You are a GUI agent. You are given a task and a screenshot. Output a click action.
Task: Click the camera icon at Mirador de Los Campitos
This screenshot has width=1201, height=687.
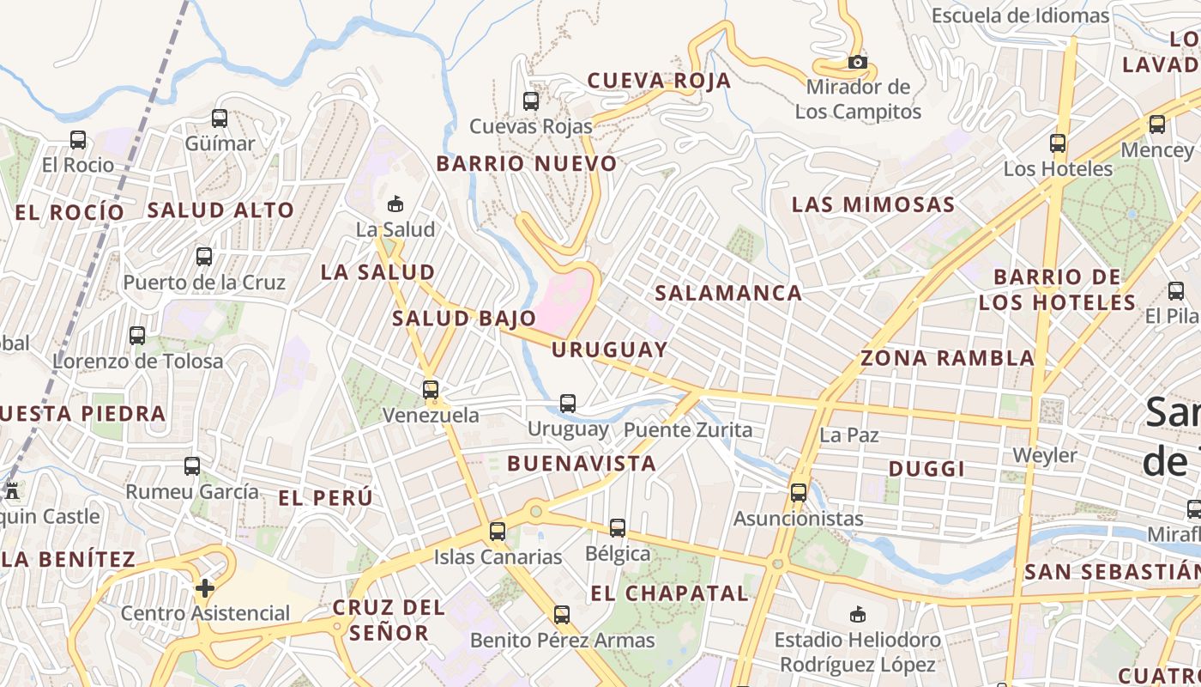[x=857, y=62]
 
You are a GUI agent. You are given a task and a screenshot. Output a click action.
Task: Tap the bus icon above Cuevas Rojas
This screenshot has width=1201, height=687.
[x=531, y=100]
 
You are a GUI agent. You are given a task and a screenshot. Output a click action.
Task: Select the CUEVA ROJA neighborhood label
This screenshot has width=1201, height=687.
[x=659, y=81]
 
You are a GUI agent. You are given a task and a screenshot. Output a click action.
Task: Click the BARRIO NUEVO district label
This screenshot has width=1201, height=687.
[x=527, y=163]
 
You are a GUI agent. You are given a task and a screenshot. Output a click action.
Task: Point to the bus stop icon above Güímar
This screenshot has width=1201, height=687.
[x=220, y=119]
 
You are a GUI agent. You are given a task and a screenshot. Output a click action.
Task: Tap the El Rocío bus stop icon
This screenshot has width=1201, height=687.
[x=78, y=139]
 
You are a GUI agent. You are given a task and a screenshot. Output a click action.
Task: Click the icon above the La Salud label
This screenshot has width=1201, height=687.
[x=395, y=204]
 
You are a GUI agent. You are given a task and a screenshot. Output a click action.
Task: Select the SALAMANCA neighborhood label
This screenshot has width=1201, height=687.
[x=728, y=293]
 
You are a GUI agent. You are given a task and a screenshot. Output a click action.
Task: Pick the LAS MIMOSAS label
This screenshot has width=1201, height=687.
[x=872, y=204]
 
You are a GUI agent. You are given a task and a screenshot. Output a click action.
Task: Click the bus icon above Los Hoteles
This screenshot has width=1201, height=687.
[x=1058, y=143]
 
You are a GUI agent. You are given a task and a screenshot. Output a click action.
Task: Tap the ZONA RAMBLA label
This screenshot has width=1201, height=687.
[x=947, y=358]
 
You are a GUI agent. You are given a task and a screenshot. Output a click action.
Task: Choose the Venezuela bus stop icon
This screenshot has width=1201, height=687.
[x=431, y=390]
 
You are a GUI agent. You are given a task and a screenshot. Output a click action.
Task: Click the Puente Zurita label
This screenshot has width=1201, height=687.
[x=687, y=429]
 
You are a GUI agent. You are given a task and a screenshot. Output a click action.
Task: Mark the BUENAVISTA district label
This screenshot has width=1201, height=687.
[x=581, y=464]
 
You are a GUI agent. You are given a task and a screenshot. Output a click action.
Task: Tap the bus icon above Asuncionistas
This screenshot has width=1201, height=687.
[x=799, y=493]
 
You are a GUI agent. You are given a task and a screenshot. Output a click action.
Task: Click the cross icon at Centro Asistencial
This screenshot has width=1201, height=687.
[x=204, y=588]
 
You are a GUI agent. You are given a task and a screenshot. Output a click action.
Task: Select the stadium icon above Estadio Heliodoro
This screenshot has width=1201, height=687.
[x=857, y=614]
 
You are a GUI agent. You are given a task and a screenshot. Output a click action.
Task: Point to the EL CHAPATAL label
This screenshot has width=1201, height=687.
[x=669, y=593]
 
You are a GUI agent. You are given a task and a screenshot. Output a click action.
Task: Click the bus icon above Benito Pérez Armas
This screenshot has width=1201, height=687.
[x=562, y=615]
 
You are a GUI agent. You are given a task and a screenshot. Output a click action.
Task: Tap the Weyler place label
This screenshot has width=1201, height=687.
[x=1045, y=454]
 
